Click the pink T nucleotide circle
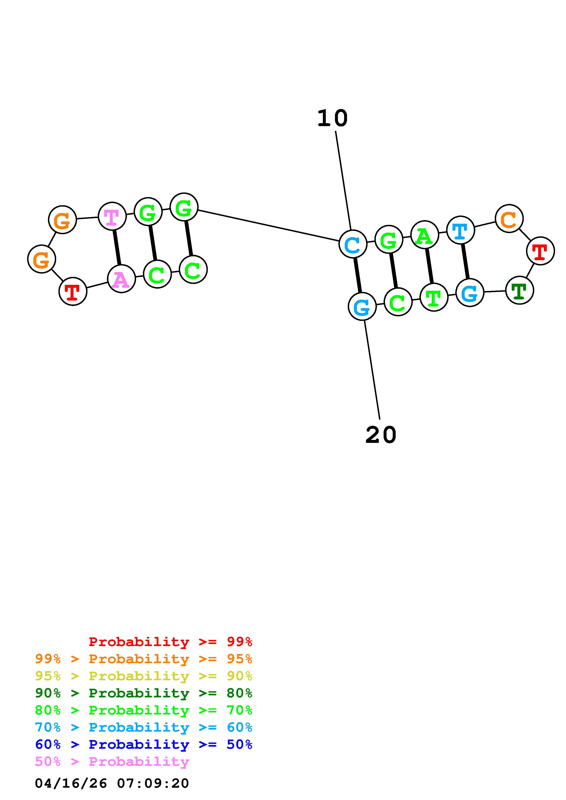(x=112, y=216)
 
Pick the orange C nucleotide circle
(x=509, y=218)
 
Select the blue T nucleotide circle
(x=460, y=230)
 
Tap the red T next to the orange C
(x=540, y=251)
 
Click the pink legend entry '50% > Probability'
(x=112, y=761)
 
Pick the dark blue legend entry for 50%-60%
(x=144, y=744)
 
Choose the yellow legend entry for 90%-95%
(x=144, y=676)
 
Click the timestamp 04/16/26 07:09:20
(x=112, y=783)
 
